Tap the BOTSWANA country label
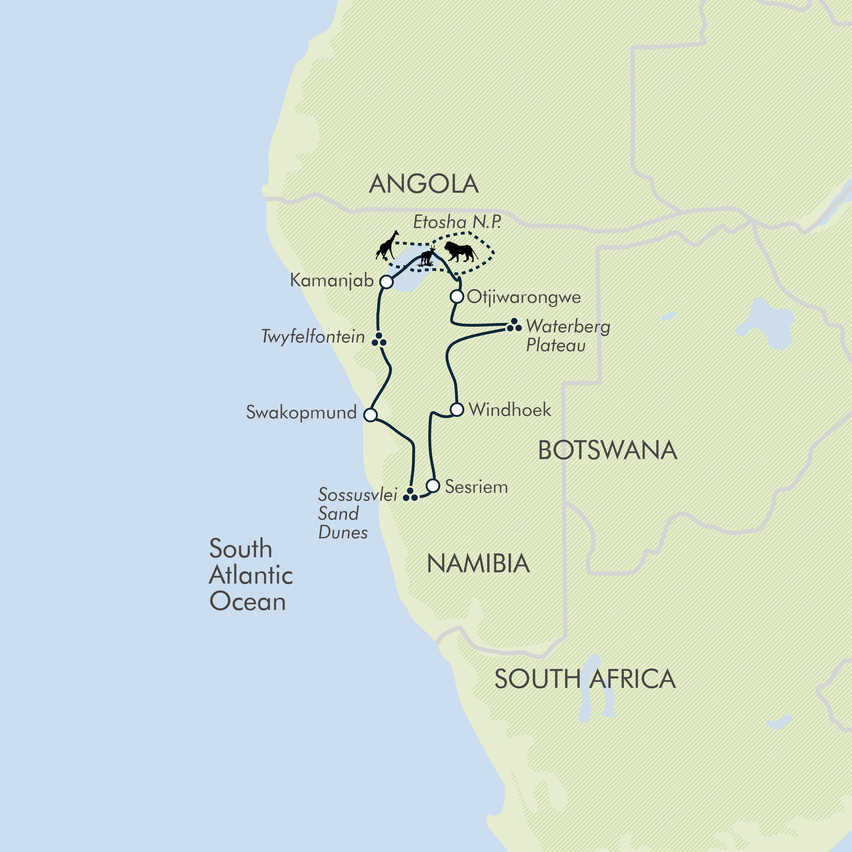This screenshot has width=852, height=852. tap(607, 451)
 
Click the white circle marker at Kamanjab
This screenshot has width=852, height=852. tap(386, 282)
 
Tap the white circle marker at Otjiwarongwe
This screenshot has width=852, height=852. tap(457, 296)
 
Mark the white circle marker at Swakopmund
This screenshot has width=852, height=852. tap(370, 415)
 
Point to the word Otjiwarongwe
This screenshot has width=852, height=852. tap(524, 297)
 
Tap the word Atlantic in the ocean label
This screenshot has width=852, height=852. tap(251, 575)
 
